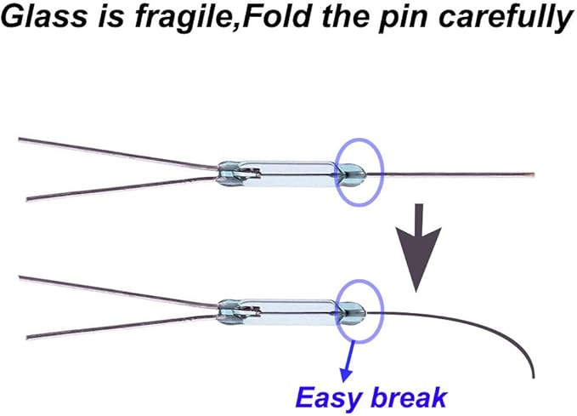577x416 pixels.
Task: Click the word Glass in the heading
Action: coord(46,16)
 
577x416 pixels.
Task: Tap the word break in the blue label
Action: coord(404,396)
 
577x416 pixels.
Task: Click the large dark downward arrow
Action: coord(418,248)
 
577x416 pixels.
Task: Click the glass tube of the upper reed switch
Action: coord(291,174)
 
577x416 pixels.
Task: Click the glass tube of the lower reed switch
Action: coord(291,312)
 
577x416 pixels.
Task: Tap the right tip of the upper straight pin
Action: coord(534,174)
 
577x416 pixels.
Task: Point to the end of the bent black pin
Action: coord(533,378)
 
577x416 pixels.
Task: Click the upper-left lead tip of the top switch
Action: coord(20,140)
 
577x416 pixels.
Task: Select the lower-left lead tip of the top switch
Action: coord(28,199)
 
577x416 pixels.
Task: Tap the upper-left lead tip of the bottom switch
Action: coord(20,277)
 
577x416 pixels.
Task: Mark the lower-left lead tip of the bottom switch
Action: coord(28,337)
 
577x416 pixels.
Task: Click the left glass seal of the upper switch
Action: coord(228,174)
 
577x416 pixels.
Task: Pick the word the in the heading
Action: coord(345,16)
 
